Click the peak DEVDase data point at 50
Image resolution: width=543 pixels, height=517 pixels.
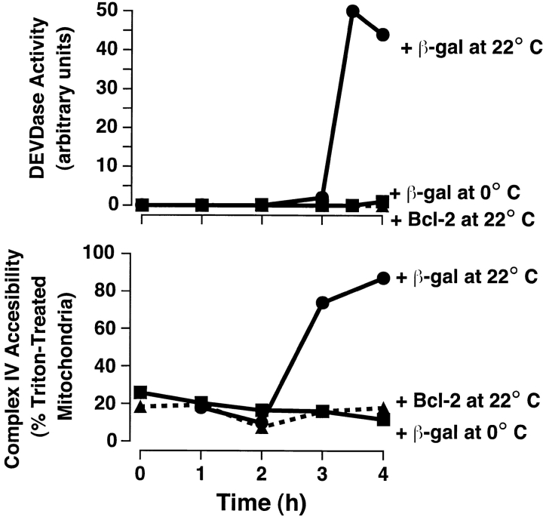353,12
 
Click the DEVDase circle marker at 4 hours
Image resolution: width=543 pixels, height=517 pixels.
383,35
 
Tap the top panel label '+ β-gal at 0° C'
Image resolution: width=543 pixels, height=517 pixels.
462,192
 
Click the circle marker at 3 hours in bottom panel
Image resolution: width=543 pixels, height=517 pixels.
323,303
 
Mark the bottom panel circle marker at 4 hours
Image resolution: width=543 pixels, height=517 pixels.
383,279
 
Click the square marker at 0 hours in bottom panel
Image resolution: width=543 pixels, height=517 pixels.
140,392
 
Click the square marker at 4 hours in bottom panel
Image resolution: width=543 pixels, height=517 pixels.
383,420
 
